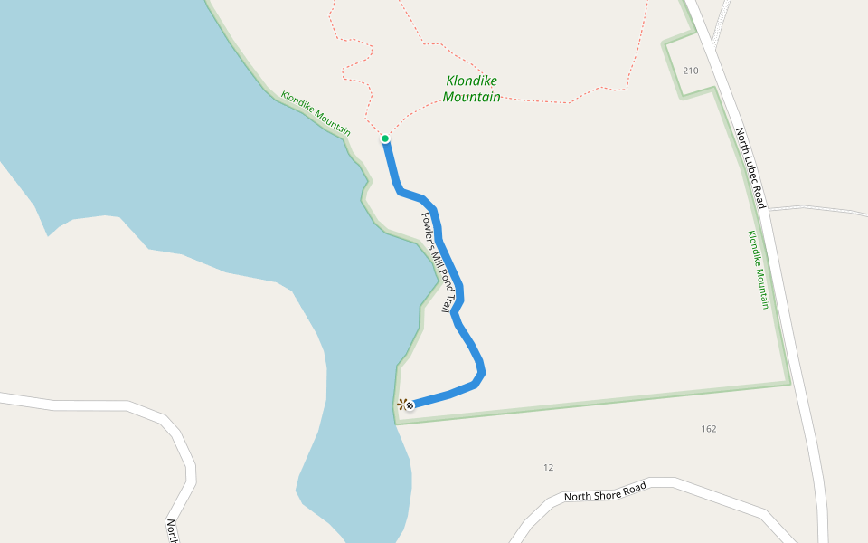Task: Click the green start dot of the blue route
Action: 384,138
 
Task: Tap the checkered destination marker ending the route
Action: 410,406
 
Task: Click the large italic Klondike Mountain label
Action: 472,89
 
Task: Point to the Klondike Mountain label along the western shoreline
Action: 316,114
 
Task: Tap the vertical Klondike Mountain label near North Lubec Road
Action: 758,270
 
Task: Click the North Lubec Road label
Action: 750,168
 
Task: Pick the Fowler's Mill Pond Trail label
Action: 436,262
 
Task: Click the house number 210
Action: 691,71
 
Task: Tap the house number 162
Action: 709,429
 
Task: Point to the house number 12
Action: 548,468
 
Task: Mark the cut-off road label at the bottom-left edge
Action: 171,529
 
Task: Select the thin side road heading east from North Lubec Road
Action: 814,208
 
